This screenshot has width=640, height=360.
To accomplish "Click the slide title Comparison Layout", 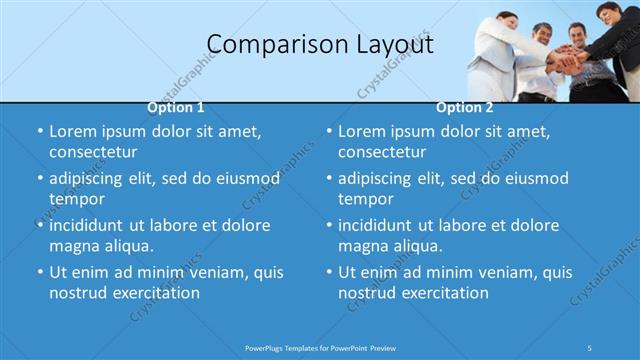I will coord(320,44).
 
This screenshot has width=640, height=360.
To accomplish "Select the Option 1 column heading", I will coord(176,107).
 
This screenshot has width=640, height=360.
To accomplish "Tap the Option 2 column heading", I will coord(465,107).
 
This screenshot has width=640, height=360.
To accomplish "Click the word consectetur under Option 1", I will coord(93,152).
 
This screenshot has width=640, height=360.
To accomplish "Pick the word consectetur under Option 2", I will coord(382,152).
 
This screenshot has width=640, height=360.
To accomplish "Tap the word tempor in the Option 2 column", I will coord(365,199).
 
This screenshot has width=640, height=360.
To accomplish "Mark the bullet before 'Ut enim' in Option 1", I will coord(39,272).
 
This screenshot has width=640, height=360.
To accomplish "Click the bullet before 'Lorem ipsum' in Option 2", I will coord(328,131).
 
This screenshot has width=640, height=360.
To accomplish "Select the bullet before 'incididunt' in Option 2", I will coord(328,225).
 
